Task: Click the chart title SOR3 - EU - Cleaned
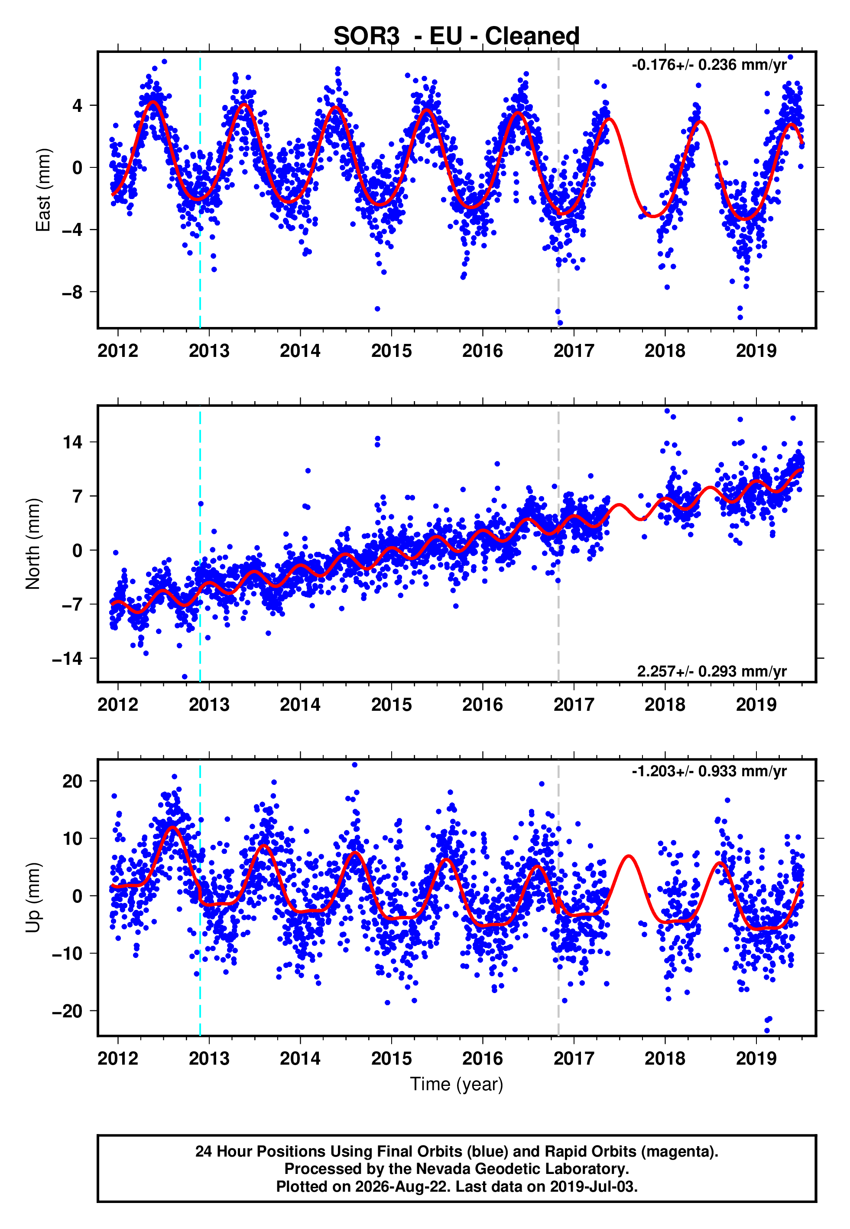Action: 457,36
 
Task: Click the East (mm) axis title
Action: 43,190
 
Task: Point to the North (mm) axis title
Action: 33,544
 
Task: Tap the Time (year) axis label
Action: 457,1085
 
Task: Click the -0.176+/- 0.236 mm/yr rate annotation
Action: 709,65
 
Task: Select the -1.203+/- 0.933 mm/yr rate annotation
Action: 709,771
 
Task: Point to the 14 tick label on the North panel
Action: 72,442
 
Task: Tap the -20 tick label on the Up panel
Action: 67,1011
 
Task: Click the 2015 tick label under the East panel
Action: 392,351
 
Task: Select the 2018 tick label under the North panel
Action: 665,705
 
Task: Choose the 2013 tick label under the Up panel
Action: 209,1059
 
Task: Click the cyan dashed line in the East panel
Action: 200,190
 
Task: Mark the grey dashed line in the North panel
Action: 558,544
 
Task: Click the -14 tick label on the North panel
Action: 67,659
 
